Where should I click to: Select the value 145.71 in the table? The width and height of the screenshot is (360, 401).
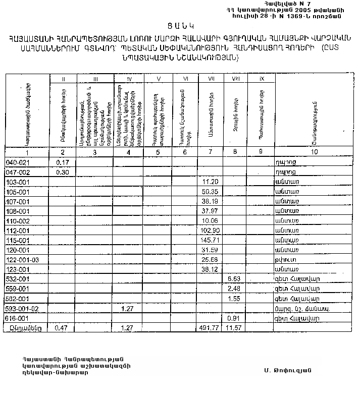[209, 240]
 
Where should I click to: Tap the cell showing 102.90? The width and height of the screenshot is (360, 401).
[209, 230]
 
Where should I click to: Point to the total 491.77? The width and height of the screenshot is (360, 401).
[208, 328]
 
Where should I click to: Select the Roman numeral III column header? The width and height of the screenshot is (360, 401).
[95, 79]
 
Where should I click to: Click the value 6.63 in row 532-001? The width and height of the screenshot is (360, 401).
[234, 278]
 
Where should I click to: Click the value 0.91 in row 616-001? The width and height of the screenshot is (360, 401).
[234, 318]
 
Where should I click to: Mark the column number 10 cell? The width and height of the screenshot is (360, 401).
[314, 152]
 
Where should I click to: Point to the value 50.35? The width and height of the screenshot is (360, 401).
[209, 192]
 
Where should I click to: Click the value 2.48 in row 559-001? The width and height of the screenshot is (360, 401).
[234, 289]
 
